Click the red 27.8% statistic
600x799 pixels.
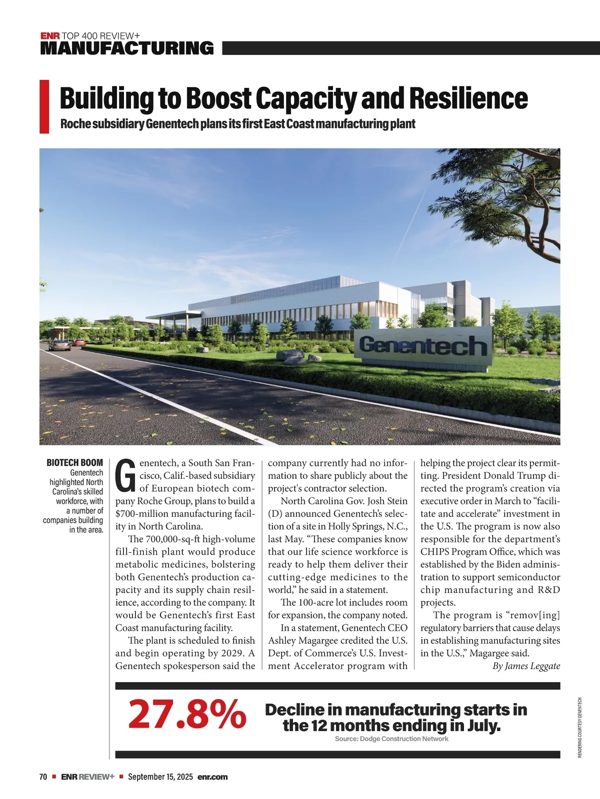pos(187,714)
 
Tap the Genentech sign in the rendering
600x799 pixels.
pos(422,346)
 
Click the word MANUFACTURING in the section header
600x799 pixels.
pos(126,48)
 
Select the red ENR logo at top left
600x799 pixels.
pos(50,36)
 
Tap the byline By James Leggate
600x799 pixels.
pos(526,666)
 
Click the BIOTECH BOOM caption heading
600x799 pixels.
pos(74,463)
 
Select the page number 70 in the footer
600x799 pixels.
pos(43,777)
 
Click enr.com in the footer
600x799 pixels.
pos(212,777)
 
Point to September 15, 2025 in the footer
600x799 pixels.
pos(160,777)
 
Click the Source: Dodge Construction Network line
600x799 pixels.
pos(391,739)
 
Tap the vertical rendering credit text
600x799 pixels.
pos(580,727)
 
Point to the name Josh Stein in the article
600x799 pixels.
pos(388,501)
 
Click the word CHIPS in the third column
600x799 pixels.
pos(435,552)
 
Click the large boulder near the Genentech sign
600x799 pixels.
pos(290,356)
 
